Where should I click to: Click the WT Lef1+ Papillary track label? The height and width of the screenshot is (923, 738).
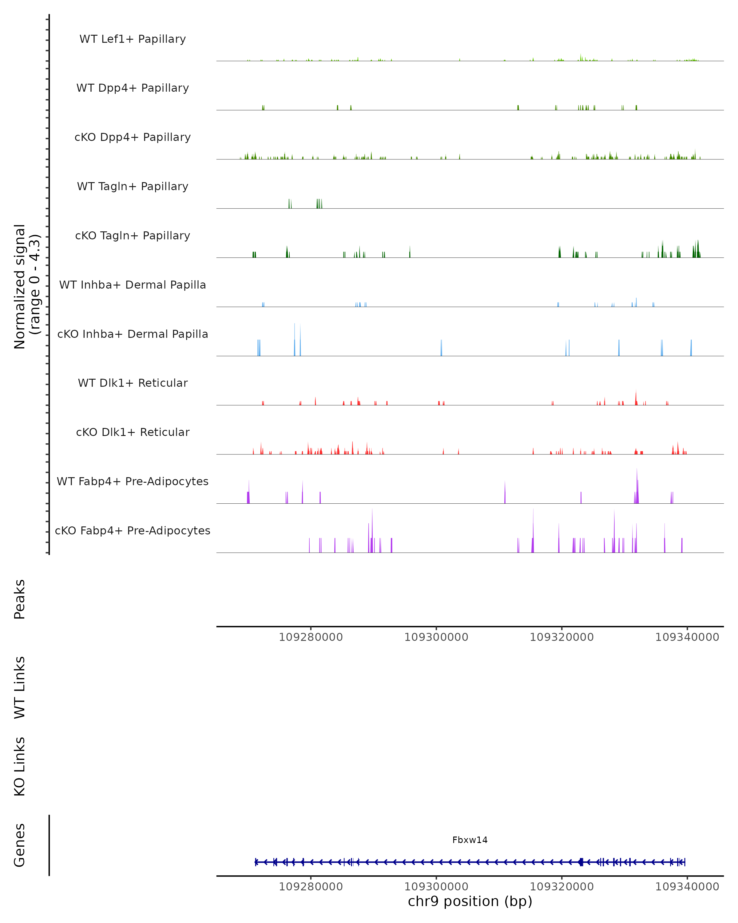point(133,39)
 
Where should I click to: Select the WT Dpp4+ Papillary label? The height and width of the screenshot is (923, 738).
point(133,88)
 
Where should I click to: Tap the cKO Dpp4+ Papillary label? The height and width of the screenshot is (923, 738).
point(133,138)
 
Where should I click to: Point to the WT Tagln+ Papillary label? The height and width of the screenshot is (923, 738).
point(133,187)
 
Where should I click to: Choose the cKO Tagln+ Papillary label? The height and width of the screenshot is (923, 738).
point(133,236)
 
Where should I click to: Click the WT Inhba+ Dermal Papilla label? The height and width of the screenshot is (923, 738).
point(133,285)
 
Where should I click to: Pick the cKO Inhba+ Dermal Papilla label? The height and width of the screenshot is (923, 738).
point(133,334)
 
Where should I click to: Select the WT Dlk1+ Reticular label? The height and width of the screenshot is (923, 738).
point(133,383)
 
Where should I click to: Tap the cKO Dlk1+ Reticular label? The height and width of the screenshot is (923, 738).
point(133,432)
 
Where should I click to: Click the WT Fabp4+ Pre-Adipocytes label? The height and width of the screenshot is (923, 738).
point(133,481)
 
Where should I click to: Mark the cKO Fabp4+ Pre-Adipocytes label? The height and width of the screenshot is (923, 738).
point(133,531)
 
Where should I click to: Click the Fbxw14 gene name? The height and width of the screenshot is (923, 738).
point(470,840)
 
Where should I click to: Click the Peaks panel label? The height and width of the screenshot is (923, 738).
point(20,599)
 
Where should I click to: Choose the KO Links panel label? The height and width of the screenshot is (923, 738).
point(20,766)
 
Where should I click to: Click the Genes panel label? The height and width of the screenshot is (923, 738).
point(20,845)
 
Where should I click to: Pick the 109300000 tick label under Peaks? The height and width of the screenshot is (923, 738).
point(436,637)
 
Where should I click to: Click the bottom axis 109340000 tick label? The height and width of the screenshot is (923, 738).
point(687,887)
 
